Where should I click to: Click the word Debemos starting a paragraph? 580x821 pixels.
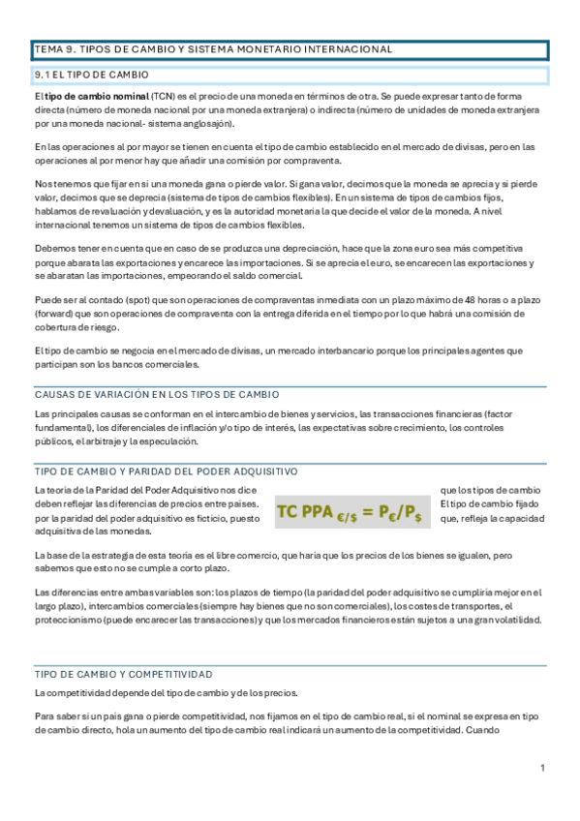pos(53,249)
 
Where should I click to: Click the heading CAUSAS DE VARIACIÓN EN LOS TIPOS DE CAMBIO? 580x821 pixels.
pos(157,394)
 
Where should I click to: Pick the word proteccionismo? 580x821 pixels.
pos(75,620)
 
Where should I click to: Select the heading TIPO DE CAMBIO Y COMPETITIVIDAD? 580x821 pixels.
pos(124,674)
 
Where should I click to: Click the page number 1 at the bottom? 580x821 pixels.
pos(543,768)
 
